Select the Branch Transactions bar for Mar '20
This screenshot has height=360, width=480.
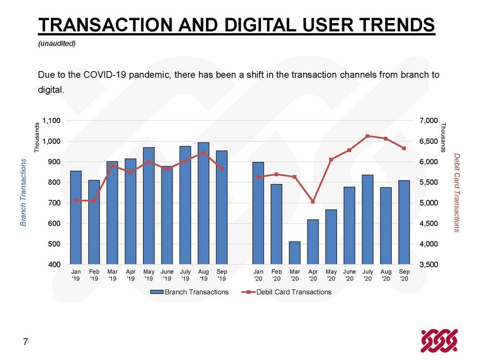pos(294,253)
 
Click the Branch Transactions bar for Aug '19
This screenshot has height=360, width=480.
pos(203,203)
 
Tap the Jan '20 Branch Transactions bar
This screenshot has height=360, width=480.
pos(258,213)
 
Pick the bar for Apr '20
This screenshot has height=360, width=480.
pos(313,242)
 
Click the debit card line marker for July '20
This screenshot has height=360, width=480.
pos(368,136)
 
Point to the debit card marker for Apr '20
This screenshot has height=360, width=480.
pos(313,201)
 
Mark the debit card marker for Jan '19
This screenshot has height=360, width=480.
pos(76,200)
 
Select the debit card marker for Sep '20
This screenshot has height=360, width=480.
pos(404,148)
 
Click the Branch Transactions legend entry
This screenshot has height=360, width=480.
pos(190,292)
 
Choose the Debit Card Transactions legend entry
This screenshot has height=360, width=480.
pos(286,292)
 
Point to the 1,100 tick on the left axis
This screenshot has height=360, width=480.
pos(51,121)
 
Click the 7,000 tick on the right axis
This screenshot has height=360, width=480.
pos(429,121)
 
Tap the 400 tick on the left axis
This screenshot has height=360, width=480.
pos(54,265)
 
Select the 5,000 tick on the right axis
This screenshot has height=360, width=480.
pos(429,203)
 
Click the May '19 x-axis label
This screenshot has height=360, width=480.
pos(149,275)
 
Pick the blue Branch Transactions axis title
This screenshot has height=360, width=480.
pos(23,192)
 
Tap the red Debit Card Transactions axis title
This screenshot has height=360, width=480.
pos(456,192)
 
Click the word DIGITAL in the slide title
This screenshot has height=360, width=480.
pos(260,24)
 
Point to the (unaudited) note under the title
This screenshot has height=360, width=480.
pos(56,43)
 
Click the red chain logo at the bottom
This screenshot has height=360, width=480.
pos(439,340)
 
